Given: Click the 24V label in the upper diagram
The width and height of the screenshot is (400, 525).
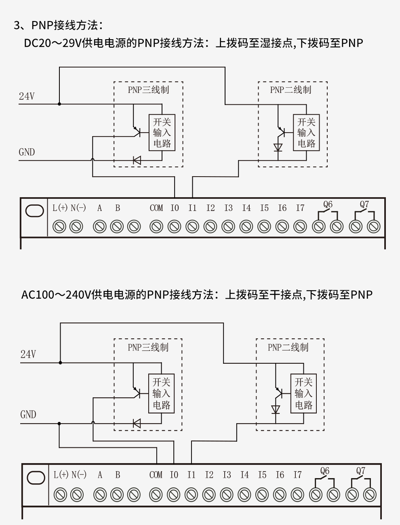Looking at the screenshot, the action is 27,96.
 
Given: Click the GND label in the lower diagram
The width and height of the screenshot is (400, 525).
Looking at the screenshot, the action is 28,415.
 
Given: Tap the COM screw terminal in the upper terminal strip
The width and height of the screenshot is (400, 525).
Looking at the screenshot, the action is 156,226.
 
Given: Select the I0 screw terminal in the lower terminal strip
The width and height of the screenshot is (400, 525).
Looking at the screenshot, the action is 174,495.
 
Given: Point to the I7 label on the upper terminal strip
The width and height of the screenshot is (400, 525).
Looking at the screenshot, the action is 300,208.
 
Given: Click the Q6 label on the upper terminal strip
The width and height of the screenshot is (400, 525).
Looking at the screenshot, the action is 328,205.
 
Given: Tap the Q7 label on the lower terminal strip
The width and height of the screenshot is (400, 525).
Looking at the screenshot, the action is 361,471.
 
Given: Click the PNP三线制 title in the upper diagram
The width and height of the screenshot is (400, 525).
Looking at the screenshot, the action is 148,90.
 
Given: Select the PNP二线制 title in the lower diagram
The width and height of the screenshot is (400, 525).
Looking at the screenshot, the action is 288,347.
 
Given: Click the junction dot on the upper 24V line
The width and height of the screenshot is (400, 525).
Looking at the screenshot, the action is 59,104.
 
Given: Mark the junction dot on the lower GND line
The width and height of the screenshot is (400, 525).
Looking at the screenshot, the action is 59,424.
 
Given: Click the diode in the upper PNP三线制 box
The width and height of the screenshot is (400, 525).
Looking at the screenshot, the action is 137,160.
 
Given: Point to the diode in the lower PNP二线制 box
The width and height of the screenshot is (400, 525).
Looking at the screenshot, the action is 276,409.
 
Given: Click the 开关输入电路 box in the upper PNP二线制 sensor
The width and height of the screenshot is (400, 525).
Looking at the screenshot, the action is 306,133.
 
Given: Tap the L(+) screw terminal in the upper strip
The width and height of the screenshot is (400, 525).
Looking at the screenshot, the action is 59,226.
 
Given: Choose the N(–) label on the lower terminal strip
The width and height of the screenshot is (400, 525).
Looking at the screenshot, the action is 79,475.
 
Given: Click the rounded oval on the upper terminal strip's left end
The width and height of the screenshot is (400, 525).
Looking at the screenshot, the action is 35,211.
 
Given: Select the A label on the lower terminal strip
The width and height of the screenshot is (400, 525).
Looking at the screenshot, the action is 100,475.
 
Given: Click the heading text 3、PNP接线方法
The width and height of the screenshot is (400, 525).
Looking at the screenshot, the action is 58,25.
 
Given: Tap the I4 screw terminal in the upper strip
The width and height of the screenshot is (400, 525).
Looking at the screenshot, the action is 246,226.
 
